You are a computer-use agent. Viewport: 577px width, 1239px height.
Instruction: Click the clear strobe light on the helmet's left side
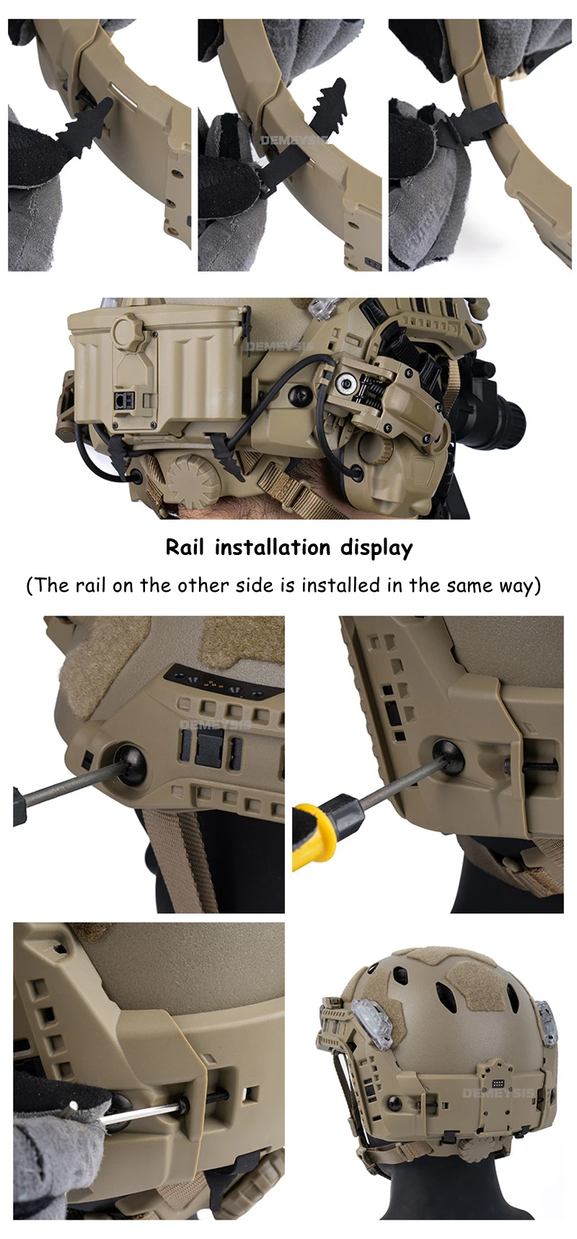[x=372, y=1023]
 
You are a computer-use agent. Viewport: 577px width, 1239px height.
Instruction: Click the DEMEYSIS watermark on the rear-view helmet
[x=498, y=1093]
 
